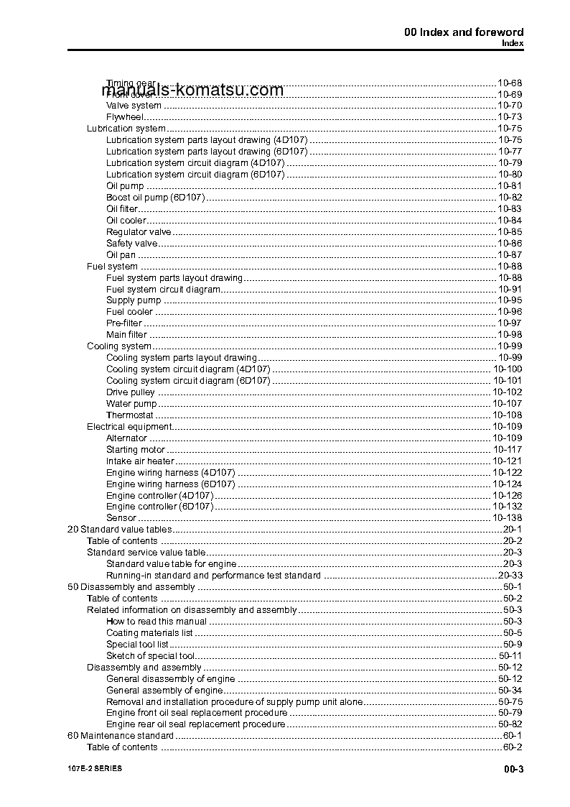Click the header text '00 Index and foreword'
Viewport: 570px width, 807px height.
click(x=463, y=32)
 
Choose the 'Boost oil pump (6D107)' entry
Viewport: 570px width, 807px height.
click(x=156, y=198)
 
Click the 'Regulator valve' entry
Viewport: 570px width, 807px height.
click(x=139, y=232)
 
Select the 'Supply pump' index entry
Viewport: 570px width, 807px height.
click(x=134, y=300)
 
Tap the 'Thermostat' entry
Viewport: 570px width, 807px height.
click(x=130, y=415)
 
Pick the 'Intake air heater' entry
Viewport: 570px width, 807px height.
click(x=140, y=461)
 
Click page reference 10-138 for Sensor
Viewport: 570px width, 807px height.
click(x=507, y=518)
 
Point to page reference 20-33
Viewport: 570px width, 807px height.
click(x=510, y=576)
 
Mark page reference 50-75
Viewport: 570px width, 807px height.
click(x=510, y=701)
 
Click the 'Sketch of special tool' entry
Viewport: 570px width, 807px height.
click(x=150, y=655)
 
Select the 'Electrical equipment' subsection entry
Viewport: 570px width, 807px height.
click(x=129, y=427)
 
